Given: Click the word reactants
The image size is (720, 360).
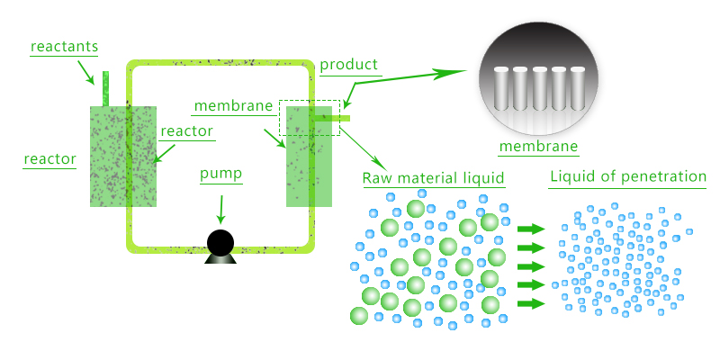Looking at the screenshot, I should [64, 46].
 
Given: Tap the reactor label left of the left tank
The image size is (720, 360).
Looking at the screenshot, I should [49, 159].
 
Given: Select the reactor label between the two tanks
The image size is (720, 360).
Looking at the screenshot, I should [186, 131].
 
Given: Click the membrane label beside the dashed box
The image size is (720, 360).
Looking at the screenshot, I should [233, 106].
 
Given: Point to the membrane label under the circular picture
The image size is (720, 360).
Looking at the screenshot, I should [537, 148].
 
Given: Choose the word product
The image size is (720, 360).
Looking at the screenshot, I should [348, 65].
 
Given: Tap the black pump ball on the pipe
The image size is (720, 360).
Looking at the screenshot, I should [220, 242].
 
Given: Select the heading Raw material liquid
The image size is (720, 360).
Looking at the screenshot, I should [433, 177].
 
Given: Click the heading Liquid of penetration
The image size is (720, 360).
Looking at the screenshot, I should [627, 176].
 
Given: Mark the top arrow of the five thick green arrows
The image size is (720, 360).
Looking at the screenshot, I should [532, 229].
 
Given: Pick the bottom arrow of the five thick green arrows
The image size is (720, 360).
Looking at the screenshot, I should [532, 303].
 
